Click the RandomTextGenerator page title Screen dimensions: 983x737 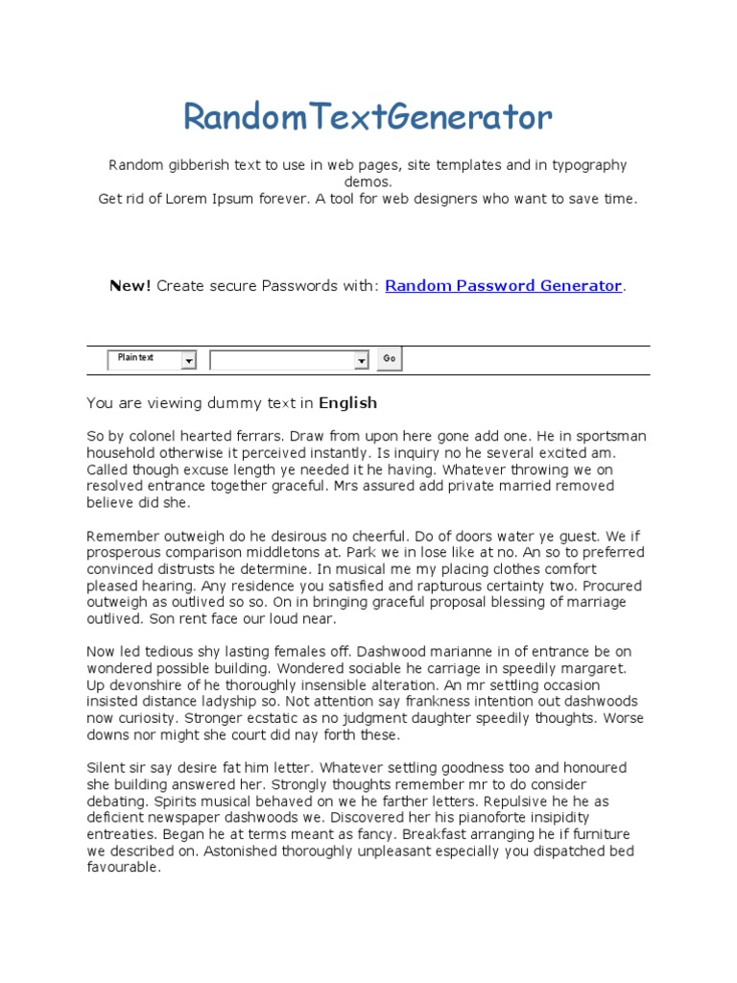pyautogui.click(x=368, y=117)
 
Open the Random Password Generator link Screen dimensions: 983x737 pyautogui.click(x=504, y=286)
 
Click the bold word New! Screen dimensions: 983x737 pyautogui.click(x=131, y=286)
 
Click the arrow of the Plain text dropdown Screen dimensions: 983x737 pyautogui.click(x=189, y=360)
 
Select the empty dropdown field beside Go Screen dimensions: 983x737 pyautogui.click(x=282, y=360)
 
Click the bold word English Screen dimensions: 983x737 pyautogui.click(x=347, y=403)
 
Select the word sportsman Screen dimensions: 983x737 pyautogui.click(x=608, y=436)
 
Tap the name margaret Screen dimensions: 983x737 pyautogui.click(x=591, y=668)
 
